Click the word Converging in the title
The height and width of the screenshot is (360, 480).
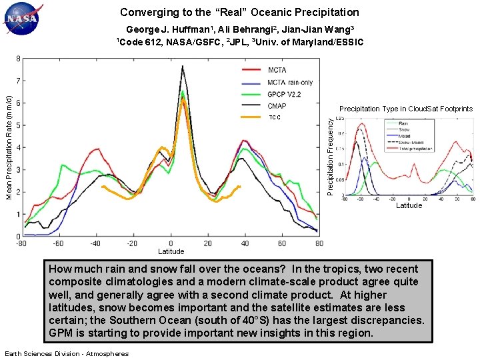point(145,12)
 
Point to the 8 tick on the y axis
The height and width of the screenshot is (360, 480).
point(17,59)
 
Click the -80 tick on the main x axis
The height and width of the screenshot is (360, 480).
point(23,243)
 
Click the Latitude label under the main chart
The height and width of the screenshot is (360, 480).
point(171,251)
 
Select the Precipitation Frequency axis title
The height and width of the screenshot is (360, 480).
point(330,157)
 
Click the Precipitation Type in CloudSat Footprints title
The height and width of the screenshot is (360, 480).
point(406,109)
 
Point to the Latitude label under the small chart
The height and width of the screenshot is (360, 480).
point(409,205)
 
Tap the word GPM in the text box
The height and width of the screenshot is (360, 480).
point(61,333)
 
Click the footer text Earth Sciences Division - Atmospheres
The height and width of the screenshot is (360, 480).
point(67,353)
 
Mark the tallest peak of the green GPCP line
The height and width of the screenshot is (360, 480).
point(182,91)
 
